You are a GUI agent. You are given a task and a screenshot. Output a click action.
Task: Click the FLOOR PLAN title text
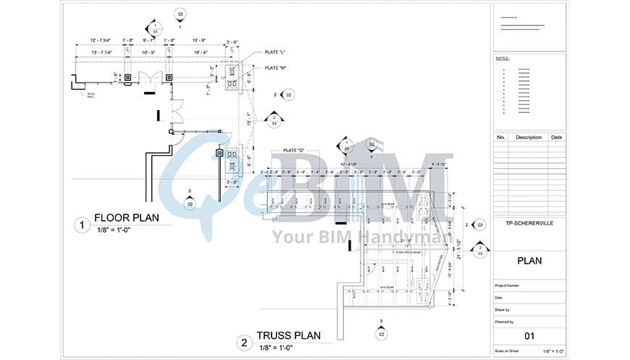(127, 217)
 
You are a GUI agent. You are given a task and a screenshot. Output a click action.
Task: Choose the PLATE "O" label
(294, 150)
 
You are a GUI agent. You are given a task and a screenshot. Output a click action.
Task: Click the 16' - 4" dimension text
(200, 52)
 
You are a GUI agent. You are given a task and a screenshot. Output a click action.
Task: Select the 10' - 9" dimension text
(149, 52)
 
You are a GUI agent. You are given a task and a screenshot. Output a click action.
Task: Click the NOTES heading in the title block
(503, 58)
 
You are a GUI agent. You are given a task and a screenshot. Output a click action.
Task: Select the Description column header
(528, 137)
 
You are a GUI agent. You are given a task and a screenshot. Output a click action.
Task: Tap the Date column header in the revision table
(556, 137)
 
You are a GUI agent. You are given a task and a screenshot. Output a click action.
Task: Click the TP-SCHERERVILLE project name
(529, 222)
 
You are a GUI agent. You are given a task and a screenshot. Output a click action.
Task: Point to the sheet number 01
(529, 335)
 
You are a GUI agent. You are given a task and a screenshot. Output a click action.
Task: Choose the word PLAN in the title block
(529, 261)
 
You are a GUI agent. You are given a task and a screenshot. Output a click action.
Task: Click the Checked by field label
(505, 321)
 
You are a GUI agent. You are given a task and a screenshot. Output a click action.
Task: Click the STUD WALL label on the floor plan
(91, 94)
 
